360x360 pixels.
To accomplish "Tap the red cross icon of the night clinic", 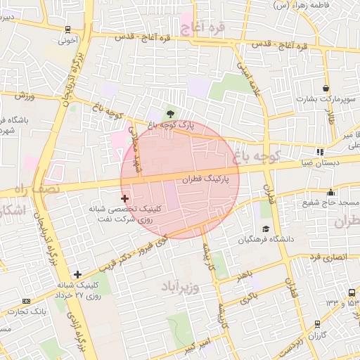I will tap(125, 199).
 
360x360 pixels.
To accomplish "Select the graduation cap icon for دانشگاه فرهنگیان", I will tap(266, 229).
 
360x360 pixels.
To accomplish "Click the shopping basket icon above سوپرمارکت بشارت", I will tap(326, 89).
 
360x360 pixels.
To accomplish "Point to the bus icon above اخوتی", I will tap(67, 30).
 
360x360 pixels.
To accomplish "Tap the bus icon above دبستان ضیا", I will tap(321, 151).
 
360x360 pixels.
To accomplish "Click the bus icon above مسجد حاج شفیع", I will tap(331, 193).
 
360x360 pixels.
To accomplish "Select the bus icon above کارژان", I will tap(319, 324).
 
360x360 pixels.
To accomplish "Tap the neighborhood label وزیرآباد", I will tap(181, 287).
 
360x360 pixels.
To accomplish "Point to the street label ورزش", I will tap(23, 95).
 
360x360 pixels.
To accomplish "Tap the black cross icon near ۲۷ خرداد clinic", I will tap(77, 274).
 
